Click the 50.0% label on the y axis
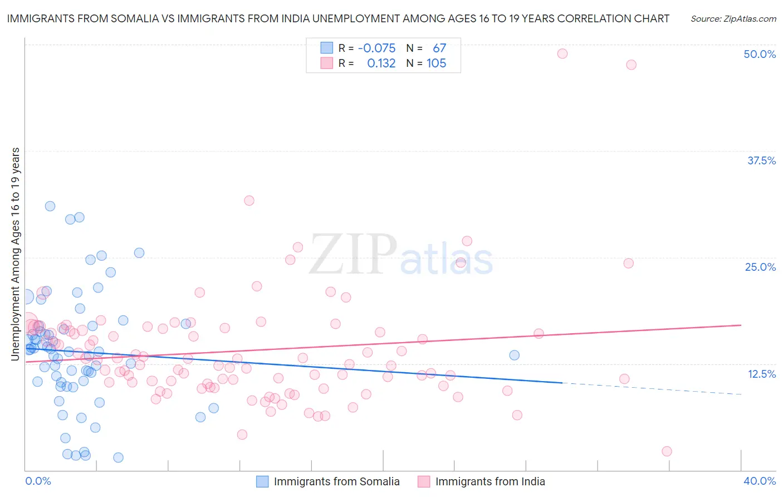760,54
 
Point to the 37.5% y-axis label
761,160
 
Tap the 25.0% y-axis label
760,267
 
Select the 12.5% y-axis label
761,374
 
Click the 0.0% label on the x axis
38,481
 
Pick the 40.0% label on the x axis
760,481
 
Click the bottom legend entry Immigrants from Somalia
336,481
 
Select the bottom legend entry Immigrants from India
490,481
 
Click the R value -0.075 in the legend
376,48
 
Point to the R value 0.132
381,64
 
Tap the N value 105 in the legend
436,64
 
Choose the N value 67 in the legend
439,48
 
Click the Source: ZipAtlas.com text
733,19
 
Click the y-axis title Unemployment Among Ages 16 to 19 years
16,254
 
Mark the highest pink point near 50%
562,53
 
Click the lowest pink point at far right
667,451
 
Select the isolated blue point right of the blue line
515,355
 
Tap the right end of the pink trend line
741,325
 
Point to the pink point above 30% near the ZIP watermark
249,201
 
